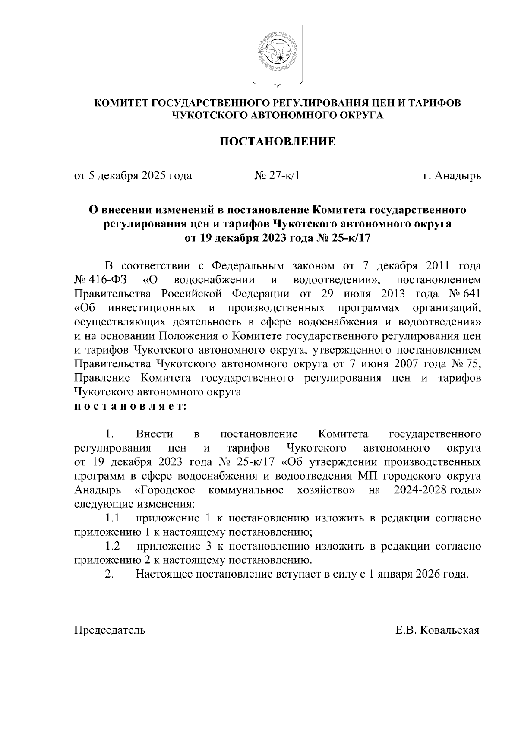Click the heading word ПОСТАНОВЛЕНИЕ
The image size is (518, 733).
[x=278, y=142]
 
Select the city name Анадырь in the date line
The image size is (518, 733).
[x=458, y=176]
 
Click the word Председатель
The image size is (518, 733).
[x=110, y=630]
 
